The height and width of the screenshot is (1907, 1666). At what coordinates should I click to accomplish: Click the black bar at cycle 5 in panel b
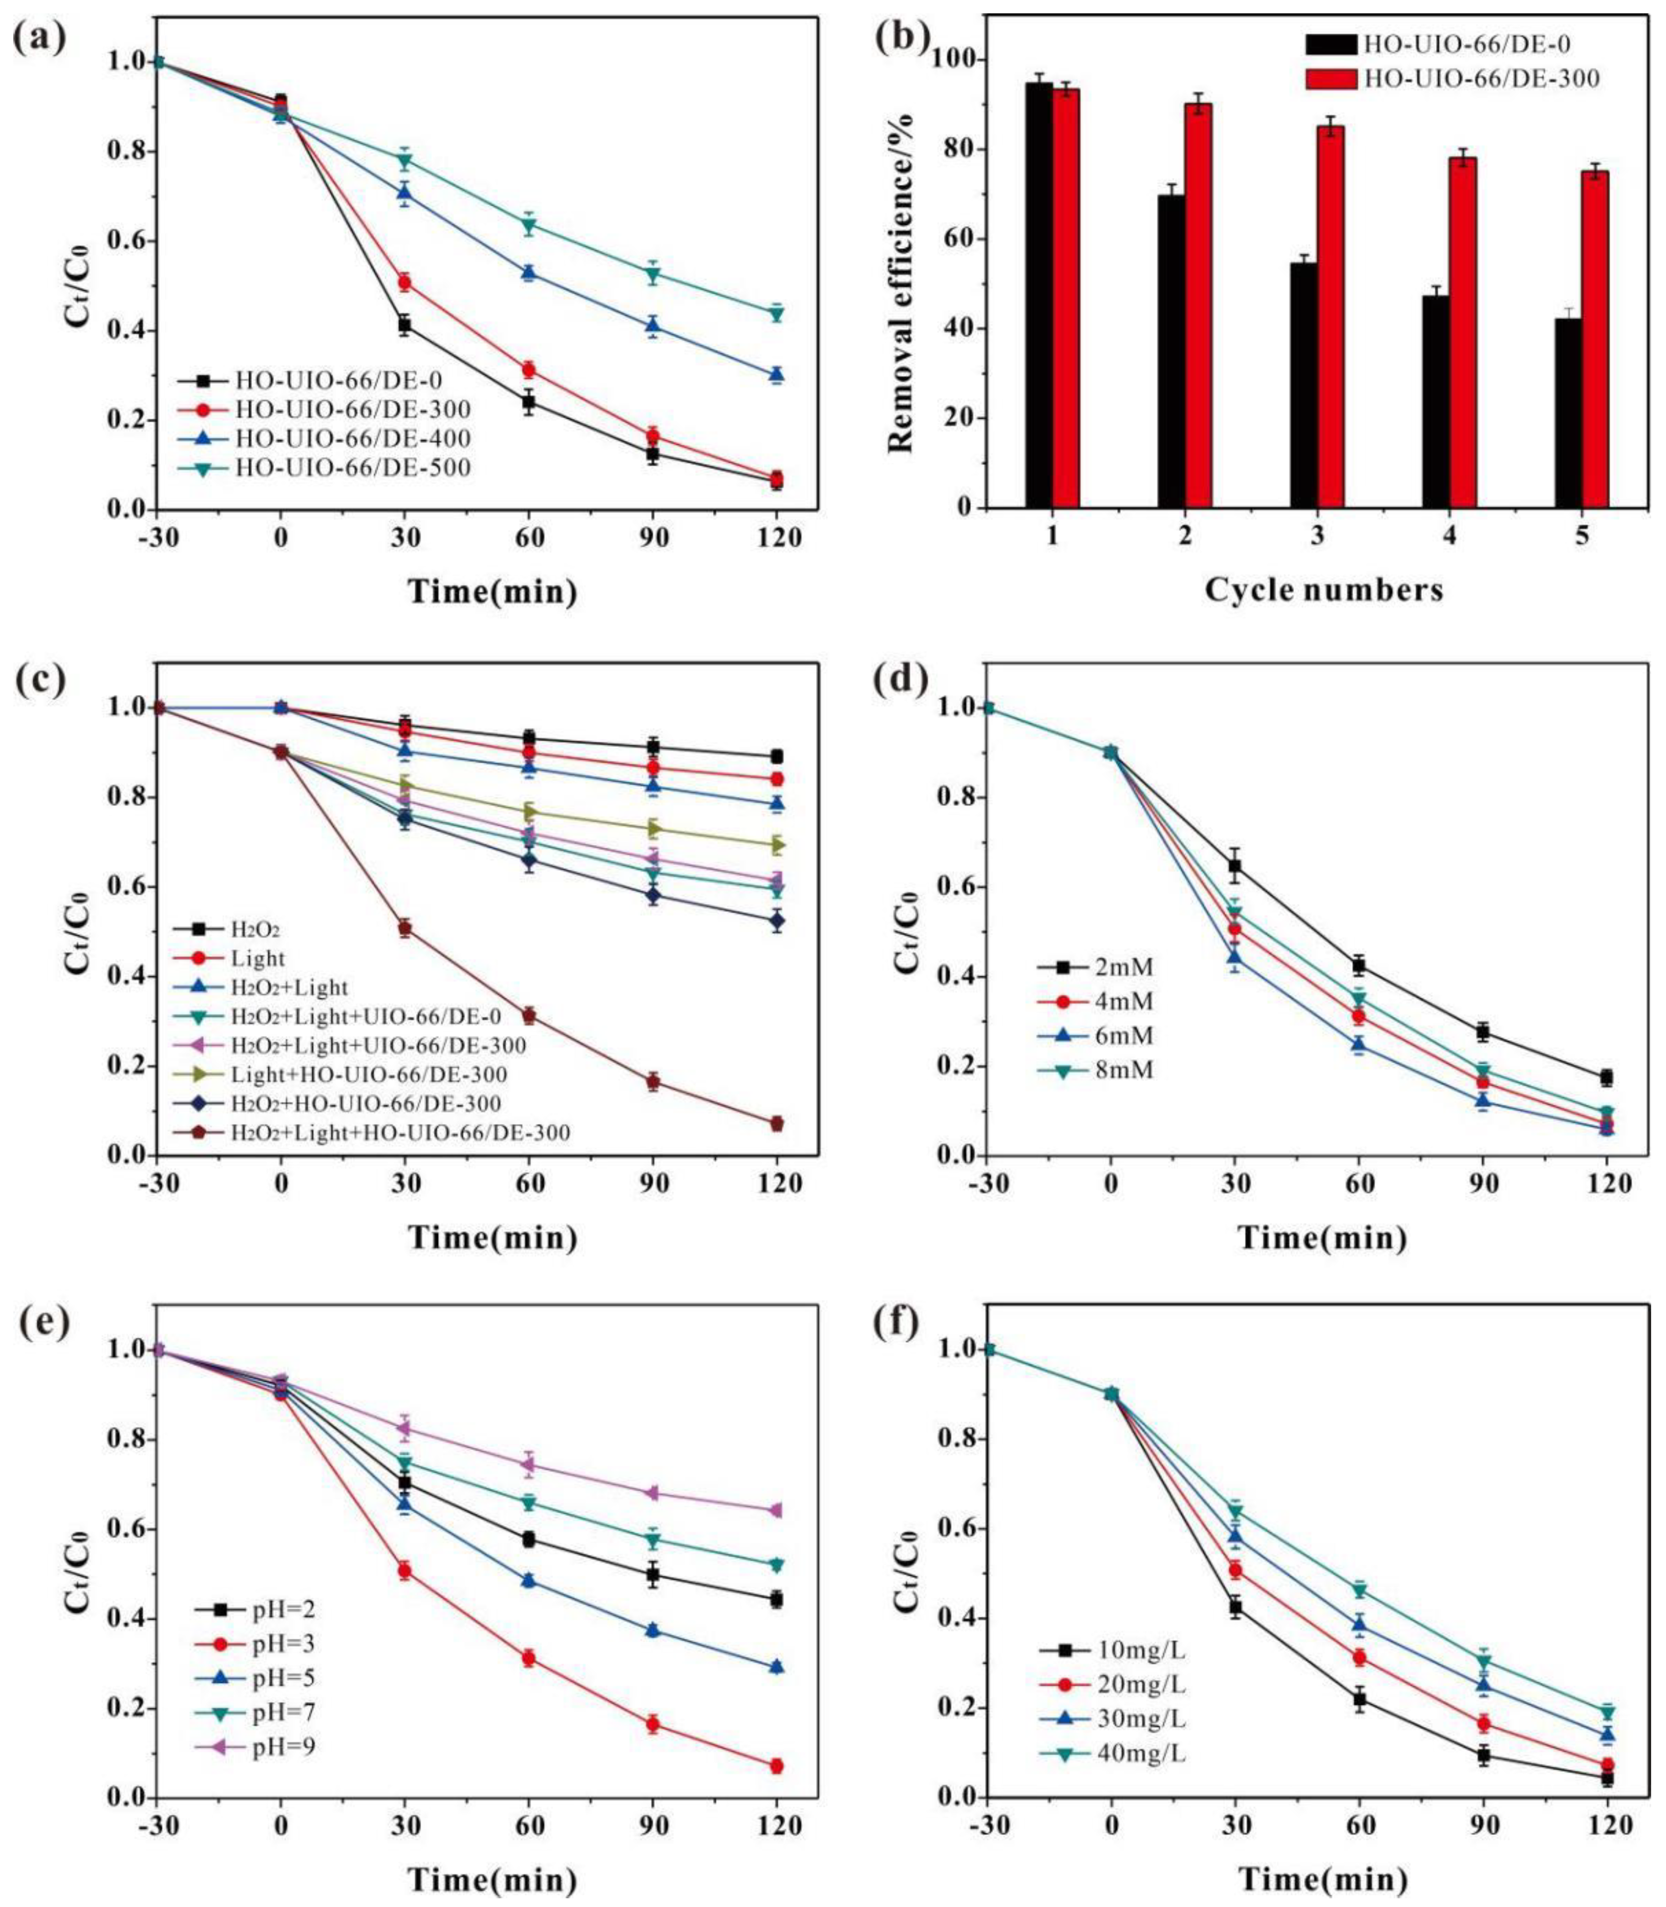click(x=1568, y=413)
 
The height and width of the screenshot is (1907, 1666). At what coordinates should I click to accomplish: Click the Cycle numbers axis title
click(x=1324, y=589)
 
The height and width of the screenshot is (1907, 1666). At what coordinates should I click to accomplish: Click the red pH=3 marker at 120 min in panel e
click(x=776, y=1766)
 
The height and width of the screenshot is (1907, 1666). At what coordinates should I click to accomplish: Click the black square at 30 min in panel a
click(x=404, y=324)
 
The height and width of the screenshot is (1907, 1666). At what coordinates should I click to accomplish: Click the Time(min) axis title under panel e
click(x=493, y=1880)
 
